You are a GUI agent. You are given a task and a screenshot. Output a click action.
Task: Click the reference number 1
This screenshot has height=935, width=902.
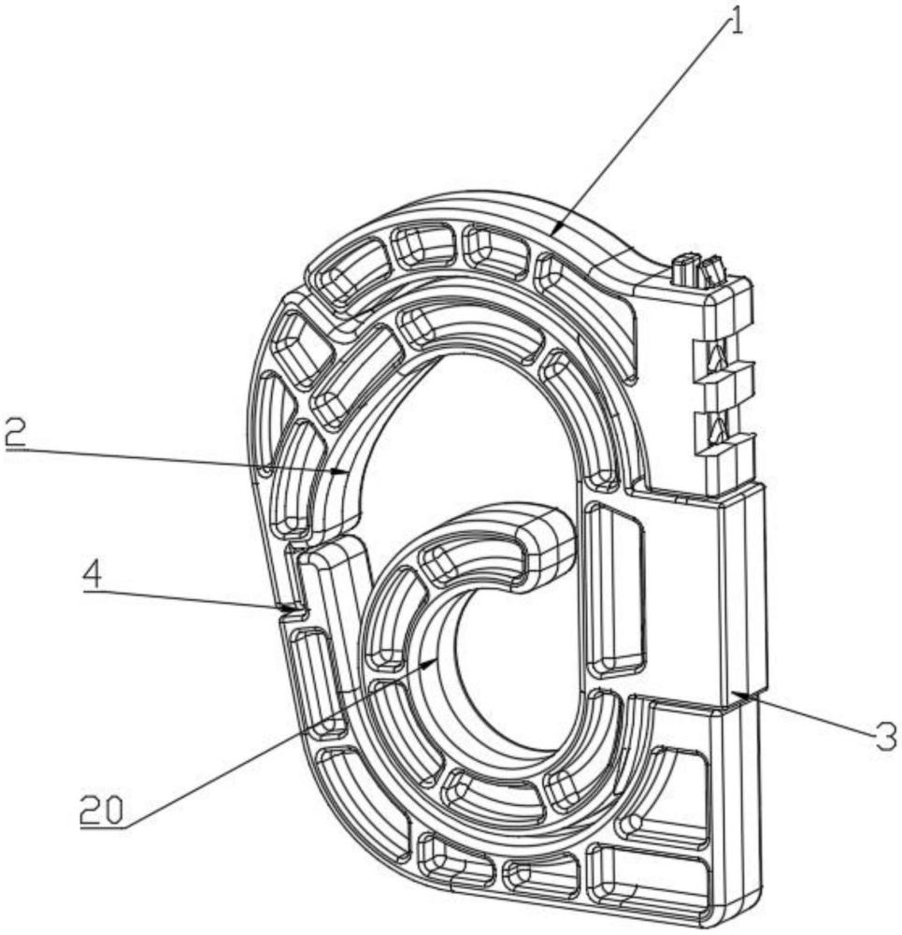point(737,19)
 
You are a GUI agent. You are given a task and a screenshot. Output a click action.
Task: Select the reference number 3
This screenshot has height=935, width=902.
point(886,735)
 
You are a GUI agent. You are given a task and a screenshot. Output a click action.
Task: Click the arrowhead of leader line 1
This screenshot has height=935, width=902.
point(555,230)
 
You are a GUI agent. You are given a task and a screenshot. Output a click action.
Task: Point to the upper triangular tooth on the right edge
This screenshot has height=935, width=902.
point(719,357)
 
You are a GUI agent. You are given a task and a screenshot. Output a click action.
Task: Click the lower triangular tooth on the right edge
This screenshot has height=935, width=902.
point(719,429)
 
